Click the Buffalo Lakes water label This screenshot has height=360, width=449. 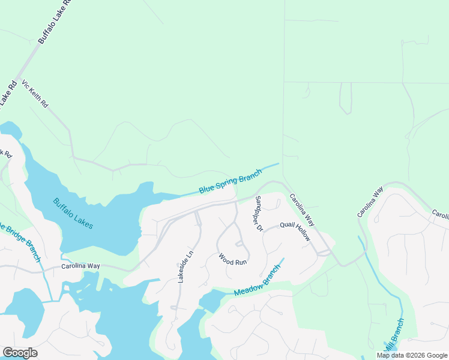click(x=73, y=213)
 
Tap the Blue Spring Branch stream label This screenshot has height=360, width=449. click(x=231, y=181)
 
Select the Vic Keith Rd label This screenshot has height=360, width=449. click(x=35, y=94)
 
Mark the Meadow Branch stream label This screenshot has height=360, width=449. click(x=258, y=280)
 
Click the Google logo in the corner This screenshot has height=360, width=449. click(x=20, y=353)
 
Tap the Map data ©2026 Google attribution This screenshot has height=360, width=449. click(x=412, y=355)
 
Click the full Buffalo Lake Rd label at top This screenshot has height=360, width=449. click(x=55, y=21)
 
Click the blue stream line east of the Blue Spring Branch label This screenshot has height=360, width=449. click(x=271, y=165)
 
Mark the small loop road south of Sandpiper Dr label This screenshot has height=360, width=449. click(x=240, y=244)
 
